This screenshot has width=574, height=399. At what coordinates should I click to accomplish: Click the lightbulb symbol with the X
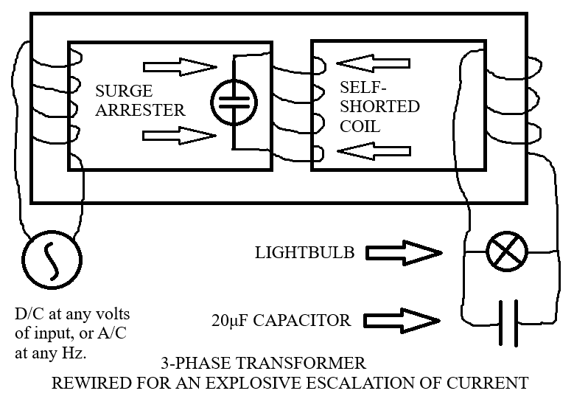(x=507, y=251)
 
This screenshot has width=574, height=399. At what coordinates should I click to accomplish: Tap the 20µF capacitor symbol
(x=509, y=323)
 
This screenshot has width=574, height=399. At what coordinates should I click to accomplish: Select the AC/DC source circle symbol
(x=52, y=260)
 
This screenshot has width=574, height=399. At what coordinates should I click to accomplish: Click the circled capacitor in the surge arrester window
(x=234, y=103)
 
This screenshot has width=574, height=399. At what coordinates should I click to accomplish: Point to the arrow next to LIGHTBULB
(x=404, y=253)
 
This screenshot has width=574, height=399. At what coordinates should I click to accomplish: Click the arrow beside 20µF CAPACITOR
(x=402, y=321)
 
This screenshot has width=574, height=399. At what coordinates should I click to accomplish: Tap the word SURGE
(x=124, y=91)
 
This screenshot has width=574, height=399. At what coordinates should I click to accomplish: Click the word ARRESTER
(x=140, y=111)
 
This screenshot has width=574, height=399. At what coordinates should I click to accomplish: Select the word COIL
(x=360, y=126)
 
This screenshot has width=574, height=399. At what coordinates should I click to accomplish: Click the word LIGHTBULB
(x=304, y=253)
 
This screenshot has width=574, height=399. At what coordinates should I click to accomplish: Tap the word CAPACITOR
(x=302, y=321)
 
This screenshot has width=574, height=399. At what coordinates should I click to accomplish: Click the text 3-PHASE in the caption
(x=196, y=364)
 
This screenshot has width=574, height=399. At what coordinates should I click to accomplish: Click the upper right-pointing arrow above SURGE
(x=180, y=67)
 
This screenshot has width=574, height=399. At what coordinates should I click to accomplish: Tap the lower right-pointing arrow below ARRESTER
(x=179, y=136)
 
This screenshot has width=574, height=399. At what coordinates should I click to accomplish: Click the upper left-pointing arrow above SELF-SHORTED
(x=373, y=63)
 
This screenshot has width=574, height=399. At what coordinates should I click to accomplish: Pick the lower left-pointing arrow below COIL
(x=374, y=151)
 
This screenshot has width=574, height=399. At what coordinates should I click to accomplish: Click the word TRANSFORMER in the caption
(x=301, y=364)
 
